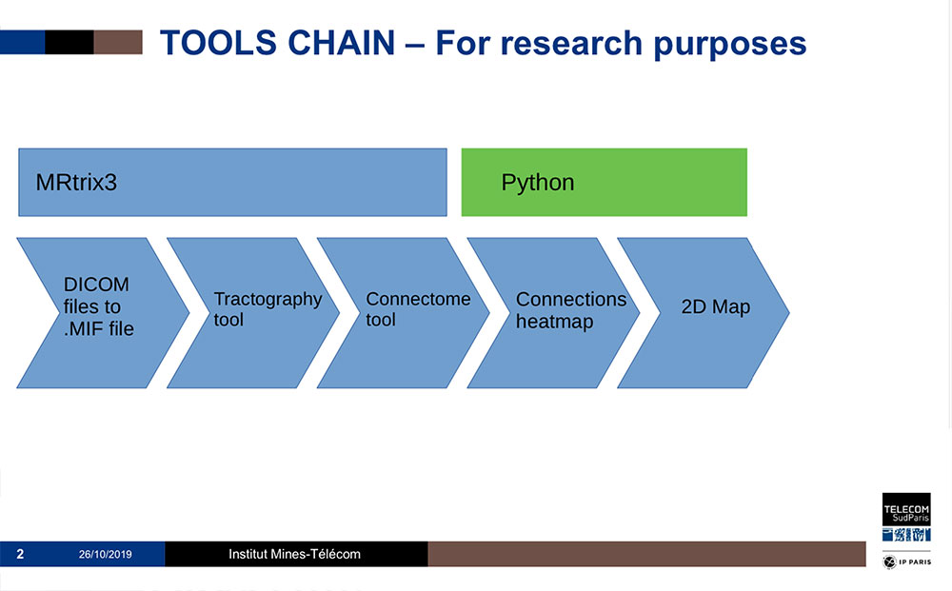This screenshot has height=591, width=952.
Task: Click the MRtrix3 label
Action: (x=76, y=183)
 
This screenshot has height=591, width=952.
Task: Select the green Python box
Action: (x=604, y=182)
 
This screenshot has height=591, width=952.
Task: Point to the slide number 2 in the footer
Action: (x=20, y=554)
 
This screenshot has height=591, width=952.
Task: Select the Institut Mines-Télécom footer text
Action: (x=295, y=554)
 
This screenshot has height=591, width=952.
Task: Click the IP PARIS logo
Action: (x=906, y=563)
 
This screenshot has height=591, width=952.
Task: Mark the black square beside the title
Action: (x=69, y=42)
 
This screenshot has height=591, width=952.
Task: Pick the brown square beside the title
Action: (x=118, y=42)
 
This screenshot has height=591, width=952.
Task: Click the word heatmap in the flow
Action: (x=554, y=322)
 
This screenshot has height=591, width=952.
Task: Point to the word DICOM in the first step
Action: (x=96, y=285)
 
